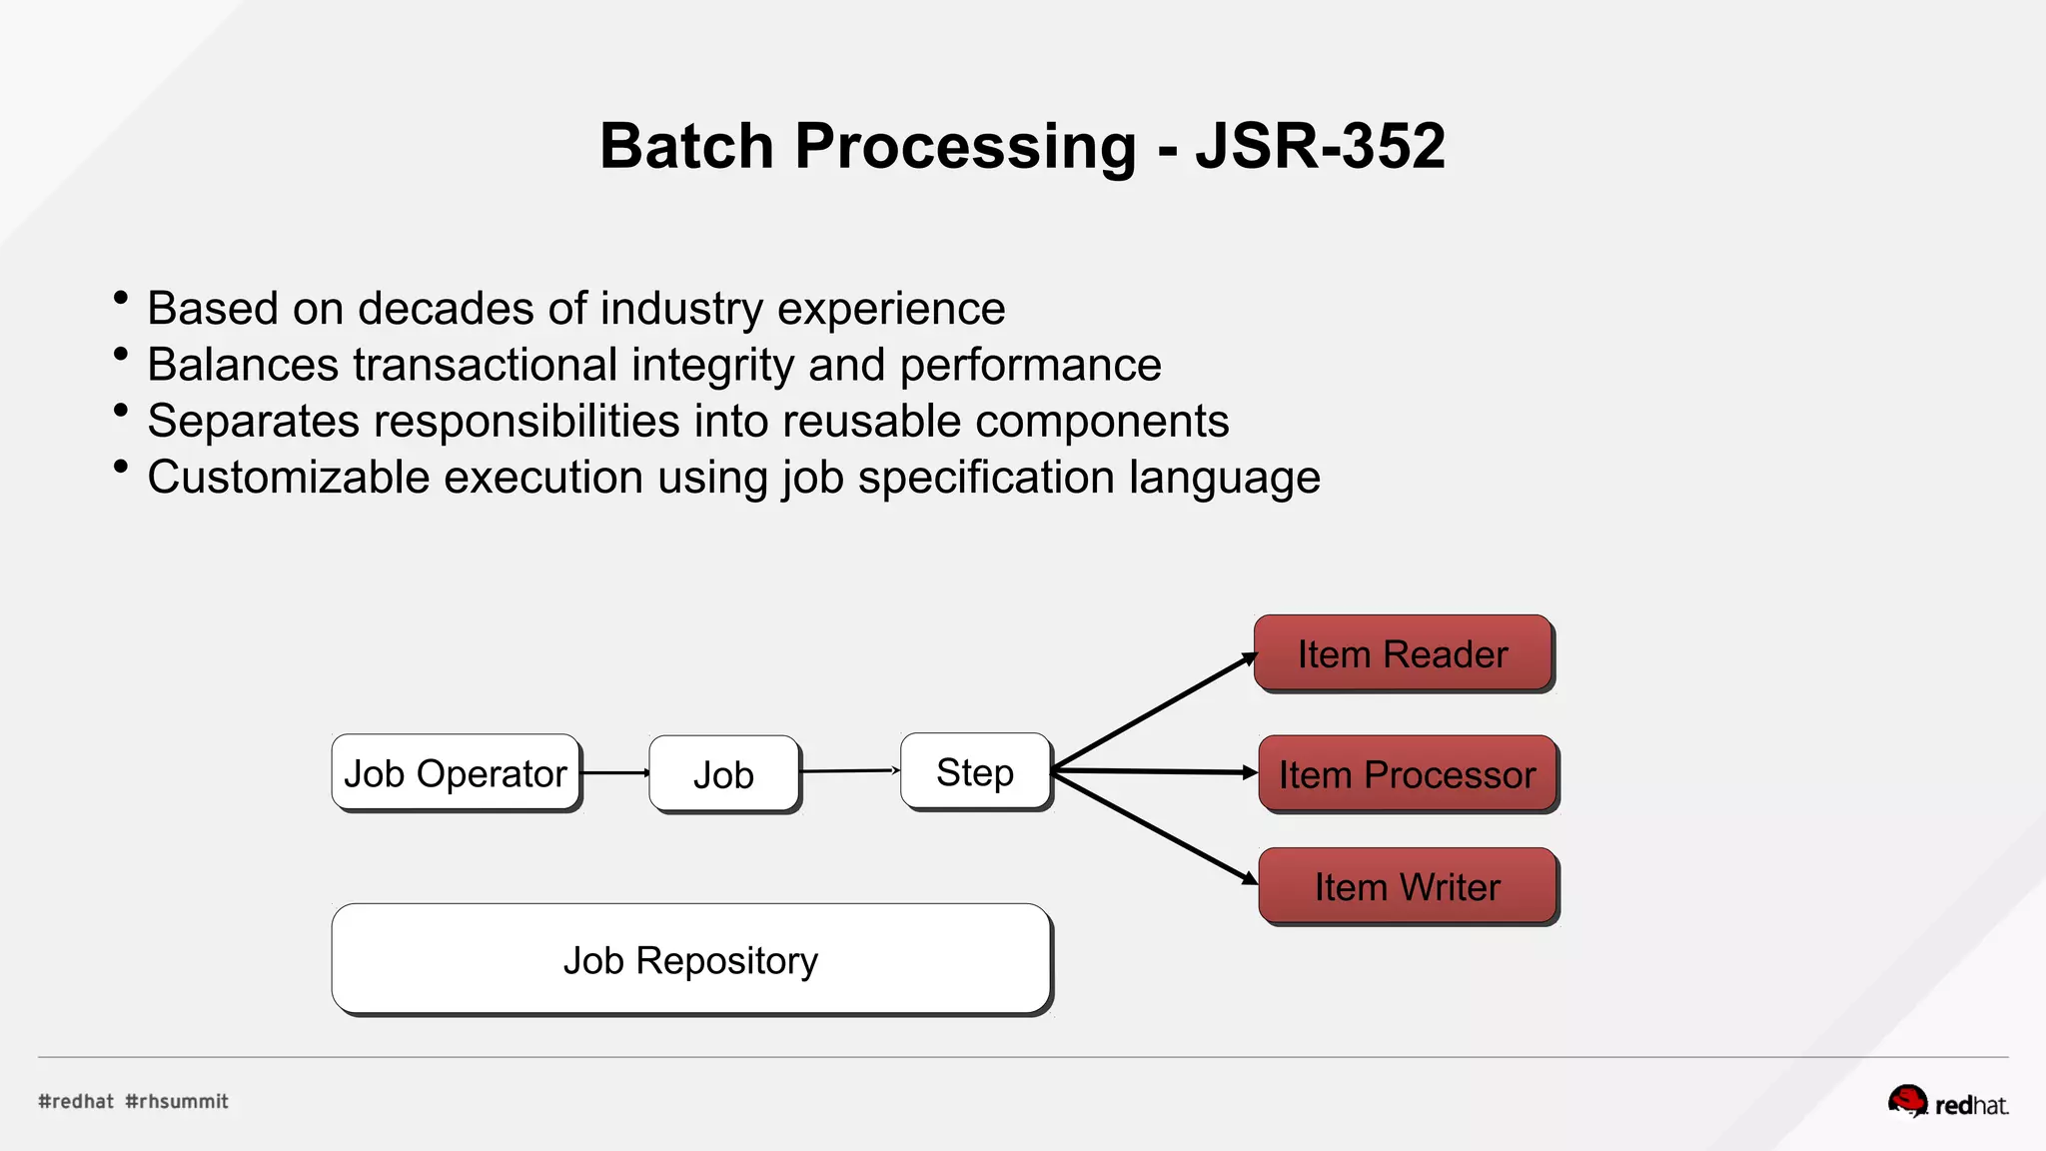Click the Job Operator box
point(456,772)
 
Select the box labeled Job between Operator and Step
point(723,774)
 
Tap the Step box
point(975,771)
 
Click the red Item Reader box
point(1403,653)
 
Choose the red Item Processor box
point(1407,774)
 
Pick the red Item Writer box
point(1407,886)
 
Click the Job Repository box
point(690,959)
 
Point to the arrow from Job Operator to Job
point(614,772)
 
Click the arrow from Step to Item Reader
point(1154,711)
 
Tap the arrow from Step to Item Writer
point(1154,826)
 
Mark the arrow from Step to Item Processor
point(1154,770)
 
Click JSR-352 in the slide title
point(1320,146)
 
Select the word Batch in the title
point(686,146)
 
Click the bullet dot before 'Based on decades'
point(121,298)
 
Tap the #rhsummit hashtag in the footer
point(177,1101)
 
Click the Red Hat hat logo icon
point(1907,1101)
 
